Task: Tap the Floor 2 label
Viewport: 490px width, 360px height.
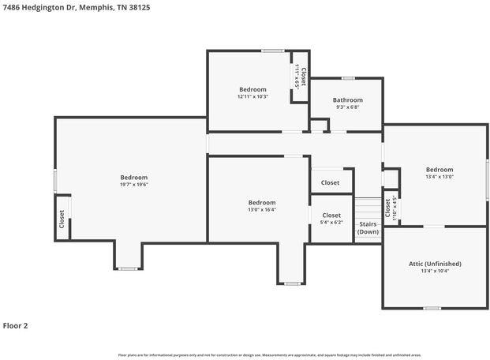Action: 16,325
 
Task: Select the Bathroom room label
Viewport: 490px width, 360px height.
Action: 347,100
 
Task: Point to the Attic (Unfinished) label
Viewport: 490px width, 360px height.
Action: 435,264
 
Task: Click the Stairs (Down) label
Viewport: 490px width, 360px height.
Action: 368,228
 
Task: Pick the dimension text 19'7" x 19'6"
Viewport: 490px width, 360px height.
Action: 133,185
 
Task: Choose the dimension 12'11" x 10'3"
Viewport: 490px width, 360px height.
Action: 252,96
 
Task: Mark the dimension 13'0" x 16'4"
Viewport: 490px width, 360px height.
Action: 261,210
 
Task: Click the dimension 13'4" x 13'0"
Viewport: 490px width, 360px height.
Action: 440,177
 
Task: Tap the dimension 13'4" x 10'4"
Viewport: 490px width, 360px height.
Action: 435,272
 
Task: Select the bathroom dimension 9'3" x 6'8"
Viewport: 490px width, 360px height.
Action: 347,107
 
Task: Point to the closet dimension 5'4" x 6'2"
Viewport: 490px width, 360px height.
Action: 331,223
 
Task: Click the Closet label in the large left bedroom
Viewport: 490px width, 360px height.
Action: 62,219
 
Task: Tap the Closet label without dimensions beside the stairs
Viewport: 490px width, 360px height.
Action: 331,182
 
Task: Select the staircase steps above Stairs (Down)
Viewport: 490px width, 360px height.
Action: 368,208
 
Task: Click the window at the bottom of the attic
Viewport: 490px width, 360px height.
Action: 432,308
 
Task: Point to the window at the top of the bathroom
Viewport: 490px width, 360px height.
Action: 347,77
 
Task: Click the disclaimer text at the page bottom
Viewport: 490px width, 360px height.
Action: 269,355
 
